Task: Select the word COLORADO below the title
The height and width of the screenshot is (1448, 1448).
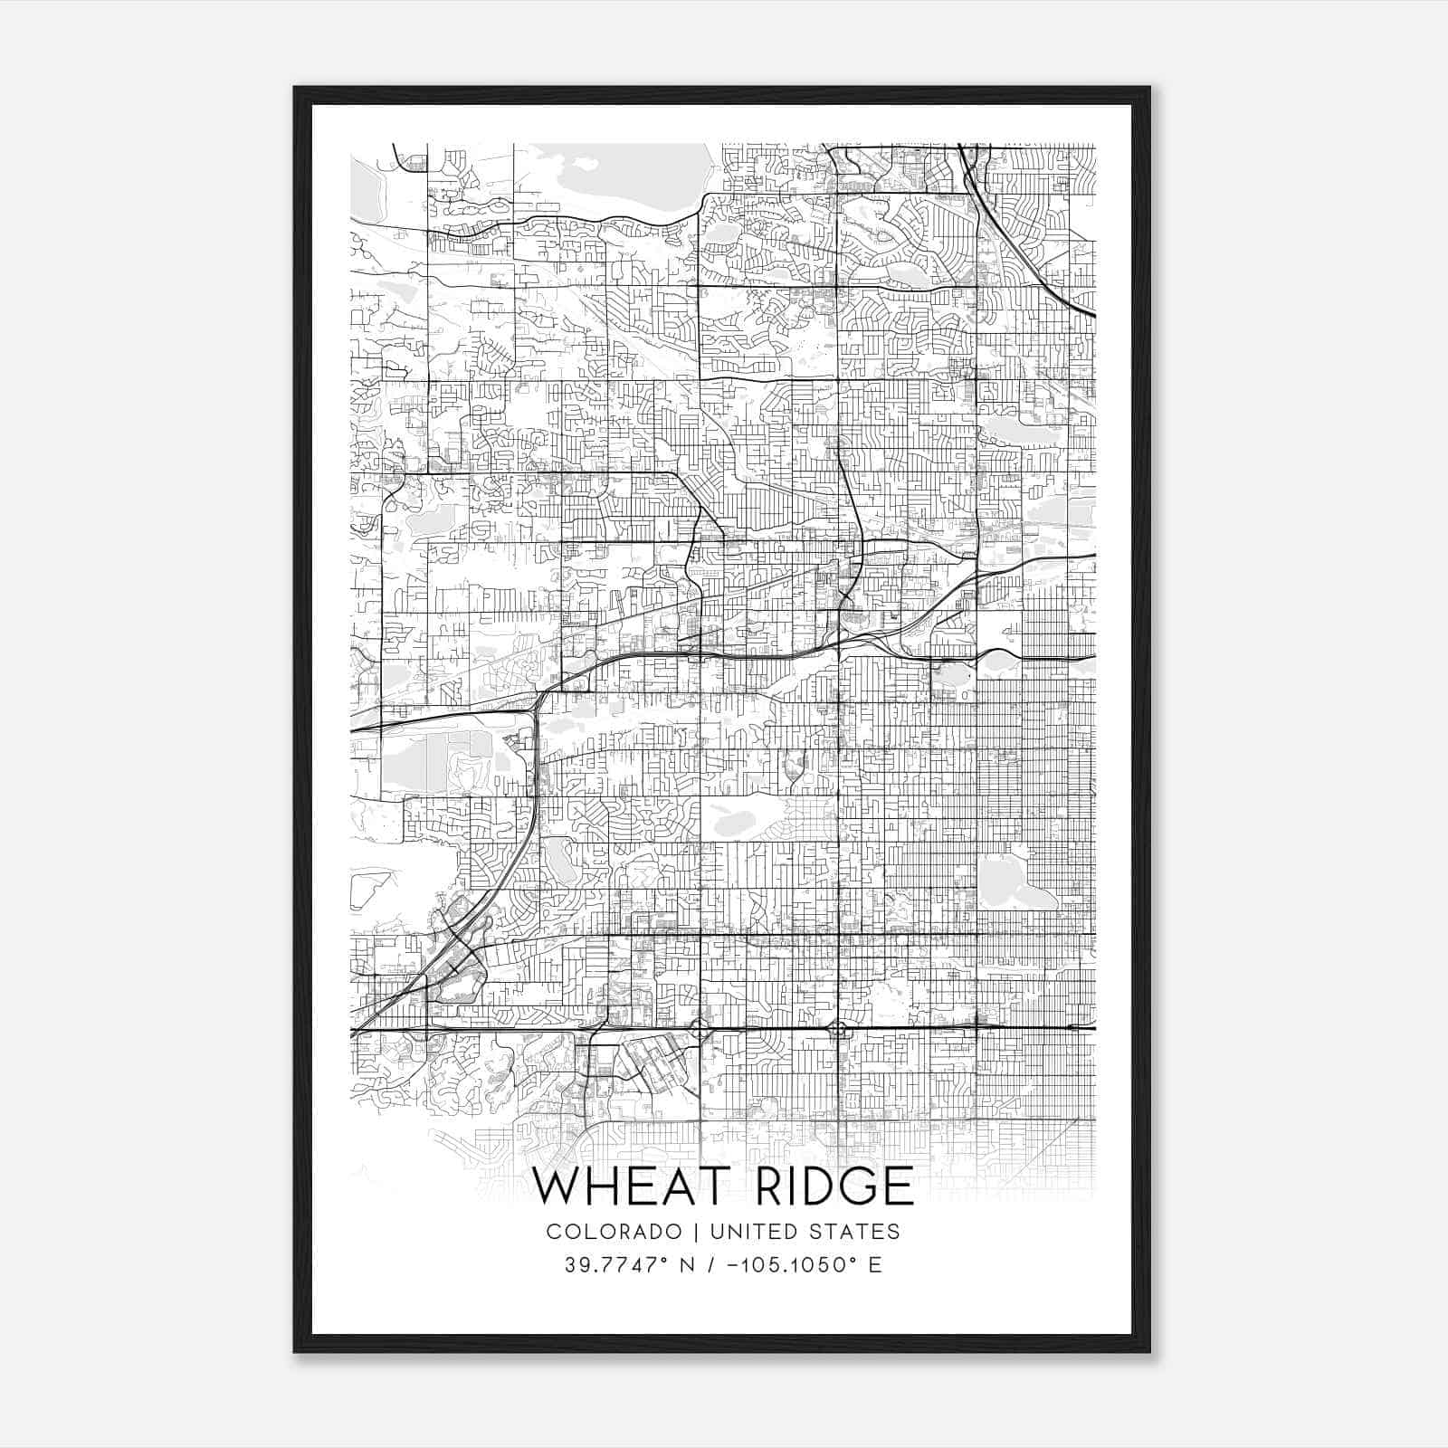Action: [614, 1232]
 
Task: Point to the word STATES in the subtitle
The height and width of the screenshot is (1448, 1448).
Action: [855, 1232]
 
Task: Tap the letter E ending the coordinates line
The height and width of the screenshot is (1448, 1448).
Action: [875, 1265]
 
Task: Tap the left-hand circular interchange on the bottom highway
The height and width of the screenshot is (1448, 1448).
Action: [700, 1029]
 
